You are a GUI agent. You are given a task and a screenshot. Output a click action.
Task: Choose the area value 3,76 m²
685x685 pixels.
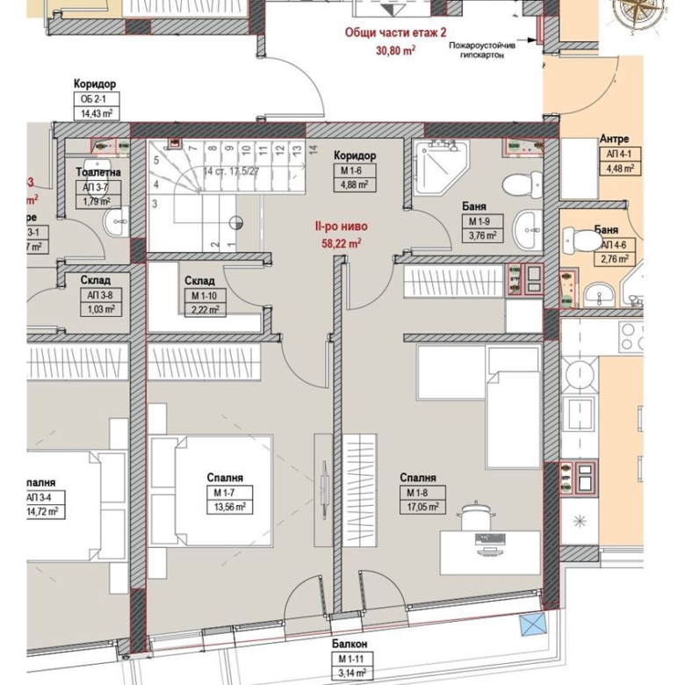(482, 235)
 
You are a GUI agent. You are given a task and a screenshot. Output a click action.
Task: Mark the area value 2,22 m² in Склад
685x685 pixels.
(206, 309)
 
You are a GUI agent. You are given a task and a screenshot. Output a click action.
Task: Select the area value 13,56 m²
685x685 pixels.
(225, 506)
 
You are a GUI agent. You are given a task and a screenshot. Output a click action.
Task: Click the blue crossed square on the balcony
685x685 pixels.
(532, 627)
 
